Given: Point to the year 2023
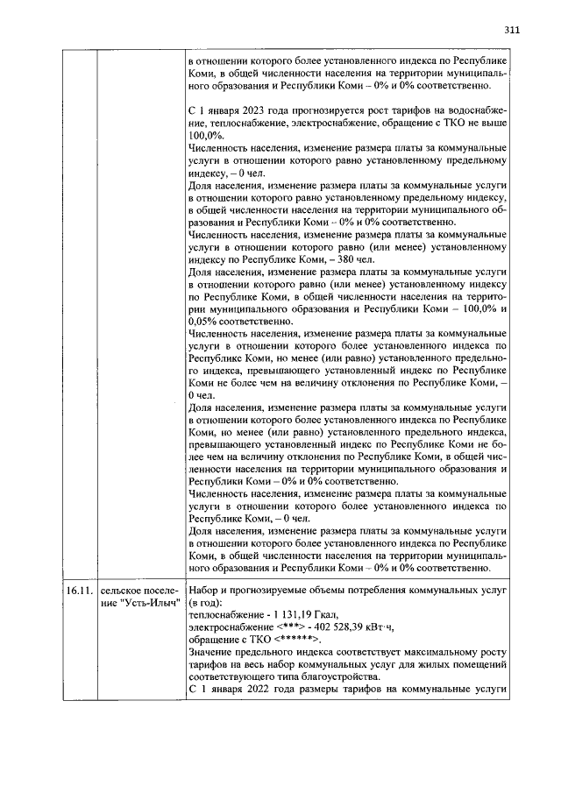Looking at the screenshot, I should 251,112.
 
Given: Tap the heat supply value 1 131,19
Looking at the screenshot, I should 292,614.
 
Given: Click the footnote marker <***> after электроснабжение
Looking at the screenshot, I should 293,627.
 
